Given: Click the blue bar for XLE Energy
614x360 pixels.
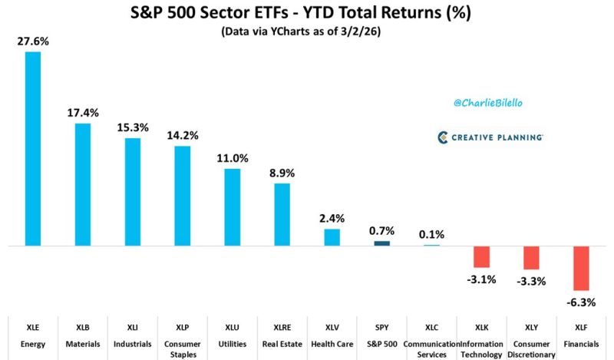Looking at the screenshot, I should pyautogui.click(x=33, y=149).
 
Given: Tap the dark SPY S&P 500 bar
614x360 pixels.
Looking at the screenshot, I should pyautogui.click(x=381, y=243).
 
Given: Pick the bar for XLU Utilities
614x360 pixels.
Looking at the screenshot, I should pyautogui.click(x=232, y=207).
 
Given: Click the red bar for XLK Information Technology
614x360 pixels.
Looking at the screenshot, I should pyautogui.click(x=481, y=256).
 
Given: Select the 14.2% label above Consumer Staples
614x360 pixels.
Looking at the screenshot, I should pyautogui.click(x=183, y=135).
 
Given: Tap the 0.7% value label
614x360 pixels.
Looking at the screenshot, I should pyautogui.click(x=381, y=230).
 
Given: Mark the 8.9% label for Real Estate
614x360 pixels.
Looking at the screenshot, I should pyautogui.click(x=282, y=173).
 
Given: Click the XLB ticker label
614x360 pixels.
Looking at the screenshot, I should pyautogui.click(x=83, y=326).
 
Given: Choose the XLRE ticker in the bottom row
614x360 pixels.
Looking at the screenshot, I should pyautogui.click(x=282, y=326).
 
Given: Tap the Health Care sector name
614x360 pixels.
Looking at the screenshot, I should pyautogui.click(x=332, y=343).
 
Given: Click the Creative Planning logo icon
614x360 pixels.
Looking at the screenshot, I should pyautogui.click(x=442, y=137).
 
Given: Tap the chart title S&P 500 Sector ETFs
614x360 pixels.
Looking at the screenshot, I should pyautogui.click(x=307, y=13).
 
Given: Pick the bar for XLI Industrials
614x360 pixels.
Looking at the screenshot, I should pyautogui.click(x=133, y=192).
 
